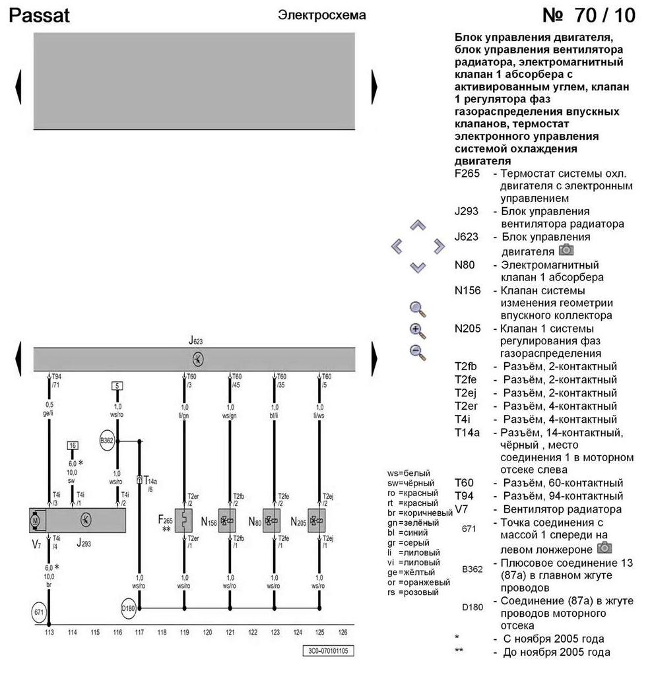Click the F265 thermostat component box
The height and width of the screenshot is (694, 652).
[x=183, y=520]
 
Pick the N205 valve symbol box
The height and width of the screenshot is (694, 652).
[x=317, y=520]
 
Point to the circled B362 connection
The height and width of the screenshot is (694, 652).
[x=106, y=441]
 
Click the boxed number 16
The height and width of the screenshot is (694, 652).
[x=73, y=446]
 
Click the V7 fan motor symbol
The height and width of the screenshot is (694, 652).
[x=36, y=520]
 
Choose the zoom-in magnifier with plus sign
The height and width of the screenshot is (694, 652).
[x=418, y=331]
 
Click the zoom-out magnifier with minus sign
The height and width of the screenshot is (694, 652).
[x=418, y=351]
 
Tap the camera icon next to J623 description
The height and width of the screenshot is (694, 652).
[x=566, y=250]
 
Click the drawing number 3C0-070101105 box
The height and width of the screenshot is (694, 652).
[x=327, y=651]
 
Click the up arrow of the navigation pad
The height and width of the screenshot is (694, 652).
[x=418, y=226]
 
